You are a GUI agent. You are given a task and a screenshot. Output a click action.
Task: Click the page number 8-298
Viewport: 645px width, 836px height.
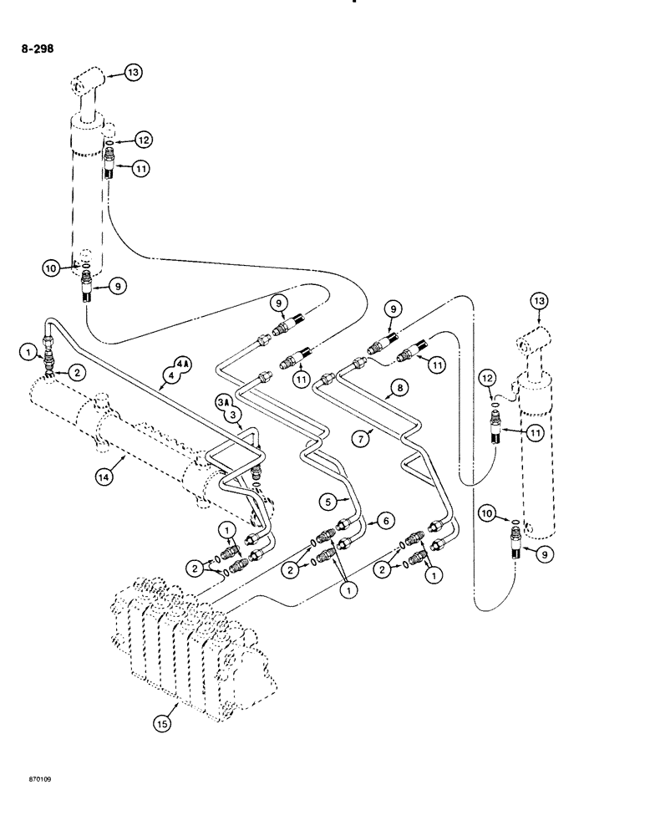point(37,49)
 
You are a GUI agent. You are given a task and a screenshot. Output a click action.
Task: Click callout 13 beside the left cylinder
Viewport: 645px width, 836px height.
point(135,74)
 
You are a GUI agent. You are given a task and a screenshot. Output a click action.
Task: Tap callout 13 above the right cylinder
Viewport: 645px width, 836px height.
point(537,303)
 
